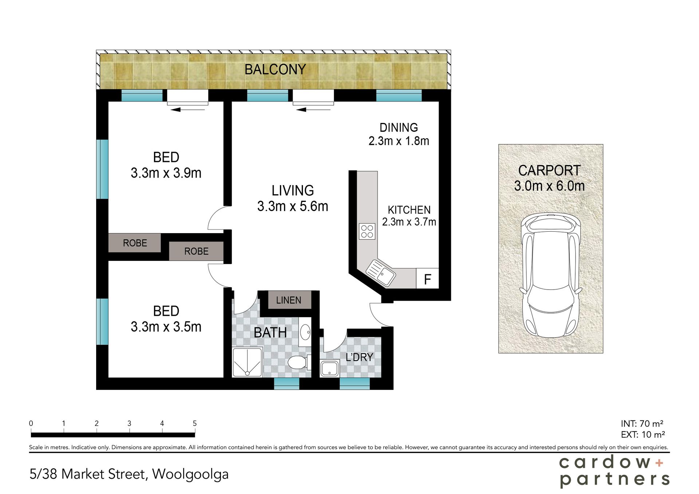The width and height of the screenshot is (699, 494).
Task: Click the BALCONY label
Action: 275,69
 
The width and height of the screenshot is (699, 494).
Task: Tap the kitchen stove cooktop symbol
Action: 367,231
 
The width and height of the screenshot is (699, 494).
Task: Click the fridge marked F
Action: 427,279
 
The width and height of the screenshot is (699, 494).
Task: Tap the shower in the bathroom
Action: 247,362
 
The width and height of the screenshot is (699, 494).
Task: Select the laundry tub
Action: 330,368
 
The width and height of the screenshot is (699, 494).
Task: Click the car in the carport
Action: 551,275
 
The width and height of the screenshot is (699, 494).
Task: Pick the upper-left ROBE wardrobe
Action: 135,243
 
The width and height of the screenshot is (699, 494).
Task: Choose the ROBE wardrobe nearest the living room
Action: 196,251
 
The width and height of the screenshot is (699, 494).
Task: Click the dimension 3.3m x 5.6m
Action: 293,206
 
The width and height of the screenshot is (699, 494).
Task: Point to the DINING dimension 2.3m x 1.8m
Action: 399,141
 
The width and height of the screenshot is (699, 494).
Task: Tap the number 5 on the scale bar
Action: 195,423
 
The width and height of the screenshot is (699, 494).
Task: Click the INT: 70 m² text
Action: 642,423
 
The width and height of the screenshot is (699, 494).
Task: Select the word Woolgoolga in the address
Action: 190,474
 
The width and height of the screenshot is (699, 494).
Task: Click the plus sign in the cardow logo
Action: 659,463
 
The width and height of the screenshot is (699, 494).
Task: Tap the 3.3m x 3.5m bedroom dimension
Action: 166,327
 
